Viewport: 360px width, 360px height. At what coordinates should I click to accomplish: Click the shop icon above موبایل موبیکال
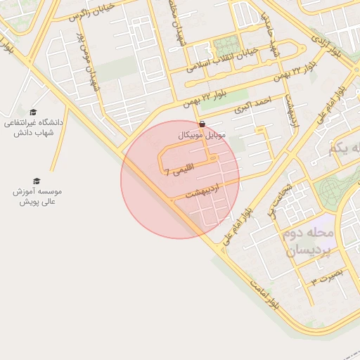[x=203, y=123]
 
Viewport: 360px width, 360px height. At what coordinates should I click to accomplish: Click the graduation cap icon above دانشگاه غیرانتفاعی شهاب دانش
[x=33, y=112]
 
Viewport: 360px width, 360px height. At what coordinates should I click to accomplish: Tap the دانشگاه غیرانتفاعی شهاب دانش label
[x=34, y=129]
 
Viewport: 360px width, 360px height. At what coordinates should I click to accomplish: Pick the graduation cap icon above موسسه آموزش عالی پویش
[x=37, y=181]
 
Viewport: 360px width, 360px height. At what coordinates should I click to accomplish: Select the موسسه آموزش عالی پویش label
[x=37, y=196]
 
